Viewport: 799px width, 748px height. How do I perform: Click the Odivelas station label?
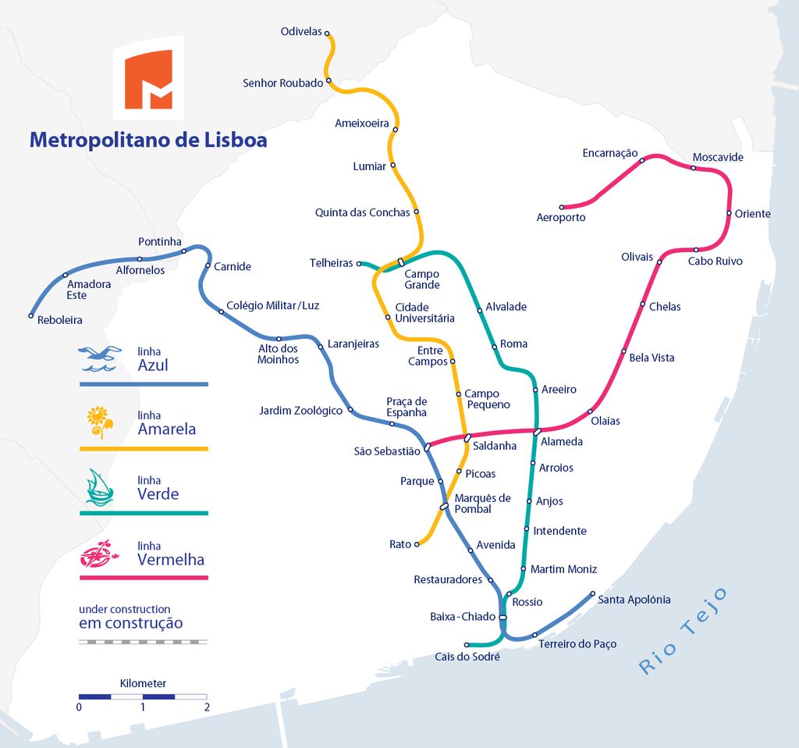[x=301, y=31]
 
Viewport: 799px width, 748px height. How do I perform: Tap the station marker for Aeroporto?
[x=562, y=208]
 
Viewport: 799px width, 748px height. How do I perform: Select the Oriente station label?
[x=752, y=214]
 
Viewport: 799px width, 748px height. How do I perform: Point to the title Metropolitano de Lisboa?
[x=148, y=140]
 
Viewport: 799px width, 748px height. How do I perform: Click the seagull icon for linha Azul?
[x=99, y=358]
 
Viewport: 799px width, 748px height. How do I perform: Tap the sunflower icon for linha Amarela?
[x=99, y=422]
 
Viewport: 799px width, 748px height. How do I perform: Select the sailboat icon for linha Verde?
[x=99, y=488]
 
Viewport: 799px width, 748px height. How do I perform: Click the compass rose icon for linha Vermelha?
[x=99, y=554]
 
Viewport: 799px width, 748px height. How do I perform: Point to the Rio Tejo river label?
[x=683, y=631]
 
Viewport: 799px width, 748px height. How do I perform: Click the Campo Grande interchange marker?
[x=401, y=262]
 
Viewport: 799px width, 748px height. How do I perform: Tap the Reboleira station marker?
[x=31, y=315]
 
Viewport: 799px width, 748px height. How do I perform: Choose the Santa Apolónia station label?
[x=634, y=600]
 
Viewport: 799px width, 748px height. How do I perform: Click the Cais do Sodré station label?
[x=467, y=657]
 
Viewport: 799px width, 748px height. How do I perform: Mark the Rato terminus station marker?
[x=417, y=544]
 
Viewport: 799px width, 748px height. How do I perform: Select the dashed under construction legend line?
[x=144, y=642]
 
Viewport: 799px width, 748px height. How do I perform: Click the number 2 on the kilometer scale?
[x=207, y=707]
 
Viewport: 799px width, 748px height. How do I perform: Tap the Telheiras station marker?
[x=359, y=264]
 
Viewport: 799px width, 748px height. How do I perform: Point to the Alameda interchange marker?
[x=537, y=432]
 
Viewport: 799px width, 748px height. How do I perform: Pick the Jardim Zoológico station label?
[x=300, y=411]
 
